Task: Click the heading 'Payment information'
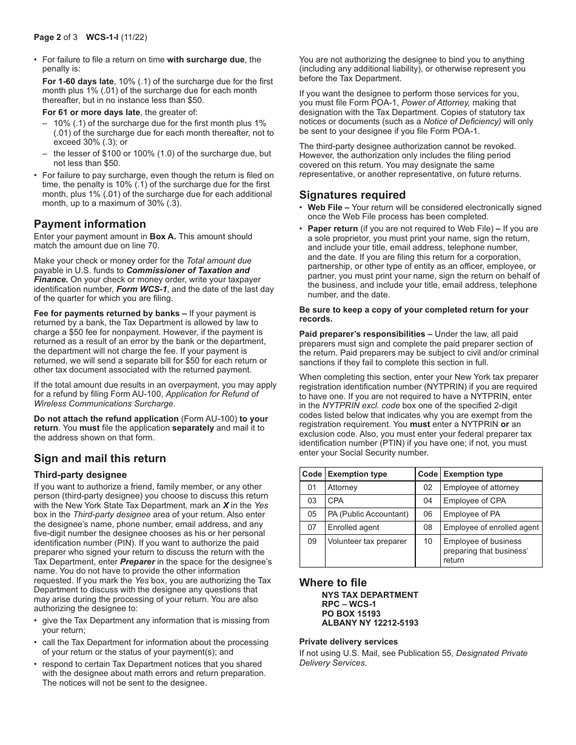point(90,224)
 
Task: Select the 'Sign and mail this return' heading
point(99,459)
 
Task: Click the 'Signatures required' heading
point(352,195)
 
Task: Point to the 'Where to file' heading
point(333,583)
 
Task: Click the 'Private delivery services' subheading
point(349,641)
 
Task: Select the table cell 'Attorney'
point(343,488)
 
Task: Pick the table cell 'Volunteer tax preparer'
point(367,541)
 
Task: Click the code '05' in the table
point(312,514)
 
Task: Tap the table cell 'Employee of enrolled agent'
point(491,528)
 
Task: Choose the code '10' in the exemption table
point(428,541)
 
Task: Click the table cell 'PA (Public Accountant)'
point(368,514)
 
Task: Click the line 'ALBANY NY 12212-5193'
point(370,623)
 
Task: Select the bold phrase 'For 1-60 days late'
point(78,81)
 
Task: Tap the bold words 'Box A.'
point(162,237)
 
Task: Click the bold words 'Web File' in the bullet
point(324,208)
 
